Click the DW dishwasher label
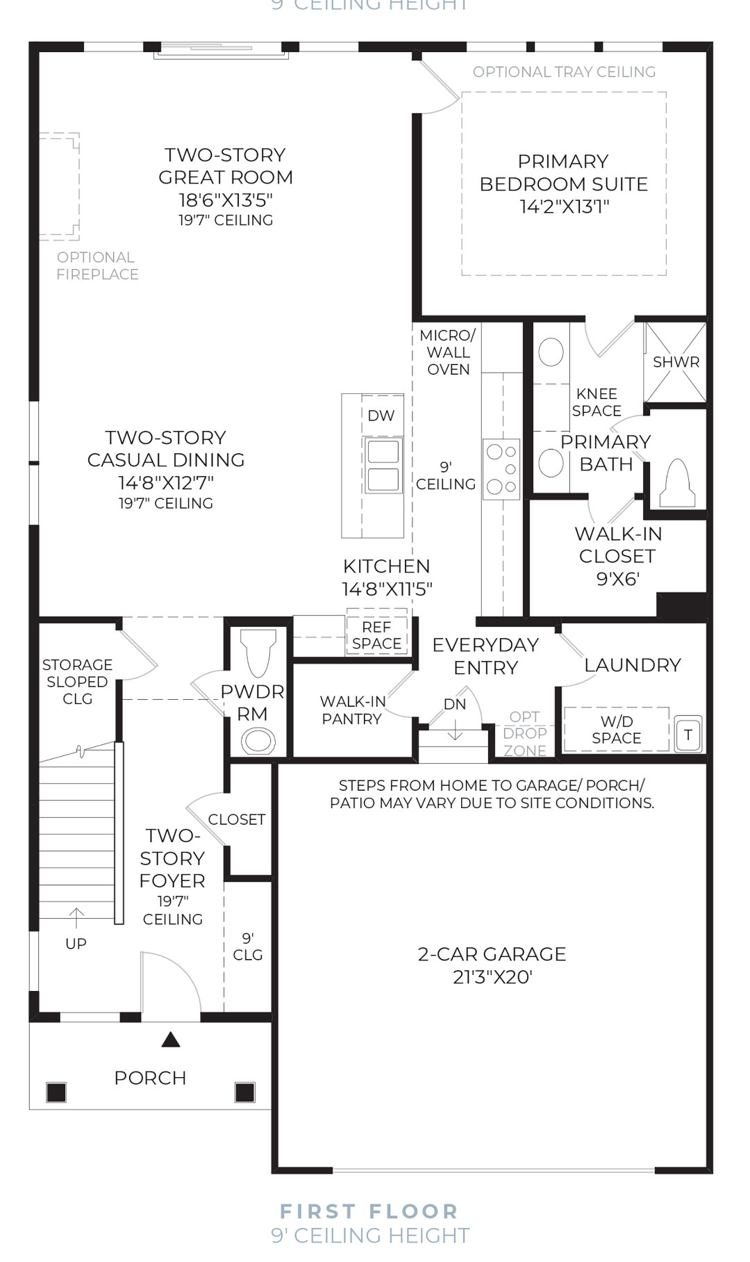point(381,416)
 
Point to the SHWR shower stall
point(676,362)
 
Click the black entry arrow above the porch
point(171,1040)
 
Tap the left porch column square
point(56,1092)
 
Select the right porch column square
point(244,1092)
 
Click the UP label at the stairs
point(76,943)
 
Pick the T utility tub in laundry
point(688,735)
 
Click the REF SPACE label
point(376,636)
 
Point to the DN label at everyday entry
point(455,704)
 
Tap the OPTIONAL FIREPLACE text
point(97,266)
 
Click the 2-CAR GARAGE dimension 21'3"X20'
point(492,977)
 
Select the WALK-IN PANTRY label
point(351,710)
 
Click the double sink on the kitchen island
point(382,465)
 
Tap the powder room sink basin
point(258,740)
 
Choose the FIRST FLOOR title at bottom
point(369,1211)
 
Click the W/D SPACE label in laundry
point(616,730)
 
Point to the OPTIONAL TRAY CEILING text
point(564,72)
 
